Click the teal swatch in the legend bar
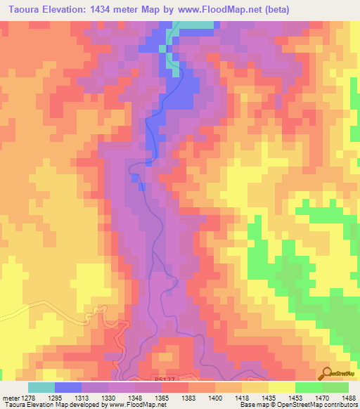pos(41,387)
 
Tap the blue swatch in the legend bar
pos(68,387)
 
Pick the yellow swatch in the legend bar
pos(282,387)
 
